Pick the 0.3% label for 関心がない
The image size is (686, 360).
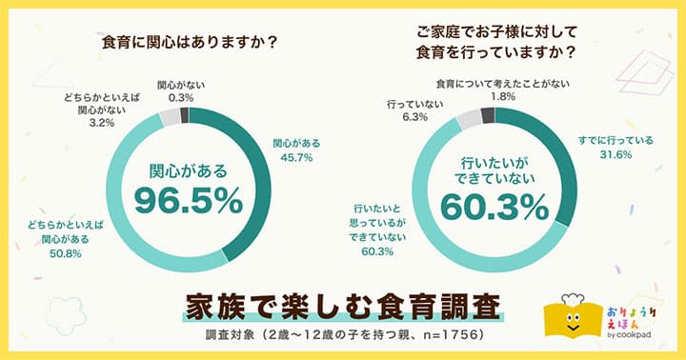(180, 97)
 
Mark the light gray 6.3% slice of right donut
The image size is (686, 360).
(470, 118)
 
